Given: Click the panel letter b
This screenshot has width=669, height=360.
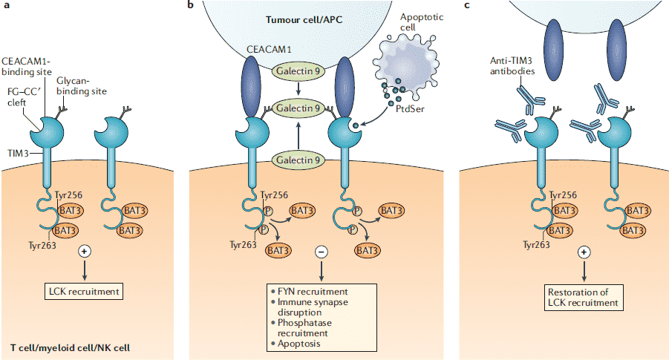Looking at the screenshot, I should coord(192,6).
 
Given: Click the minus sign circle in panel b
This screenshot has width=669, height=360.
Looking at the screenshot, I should coord(320,252).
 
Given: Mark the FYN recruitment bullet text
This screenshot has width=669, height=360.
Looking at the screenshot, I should coord(311,292).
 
